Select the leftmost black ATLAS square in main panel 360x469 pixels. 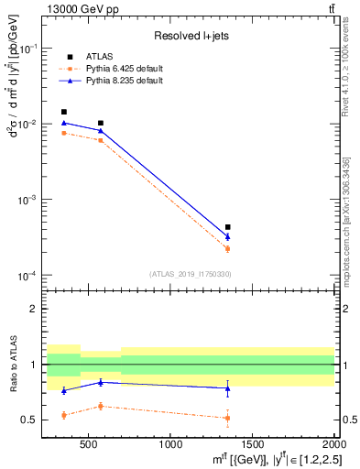point(63,112)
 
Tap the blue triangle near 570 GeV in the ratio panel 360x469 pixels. point(101,382)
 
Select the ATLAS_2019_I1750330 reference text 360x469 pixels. point(191,274)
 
